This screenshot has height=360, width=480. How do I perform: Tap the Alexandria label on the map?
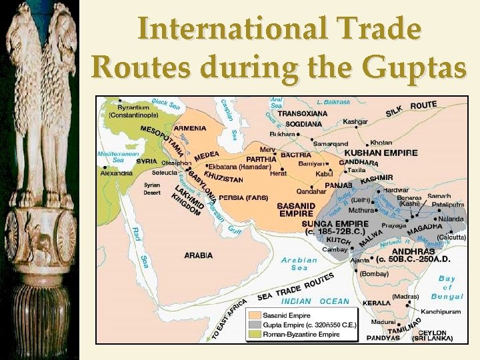point(116,173)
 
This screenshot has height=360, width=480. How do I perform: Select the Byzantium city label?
point(134,107)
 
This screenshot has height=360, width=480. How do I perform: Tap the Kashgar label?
point(355,122)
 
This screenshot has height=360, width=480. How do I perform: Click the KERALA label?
point(377,303)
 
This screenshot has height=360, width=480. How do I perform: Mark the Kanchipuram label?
point(440,311)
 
